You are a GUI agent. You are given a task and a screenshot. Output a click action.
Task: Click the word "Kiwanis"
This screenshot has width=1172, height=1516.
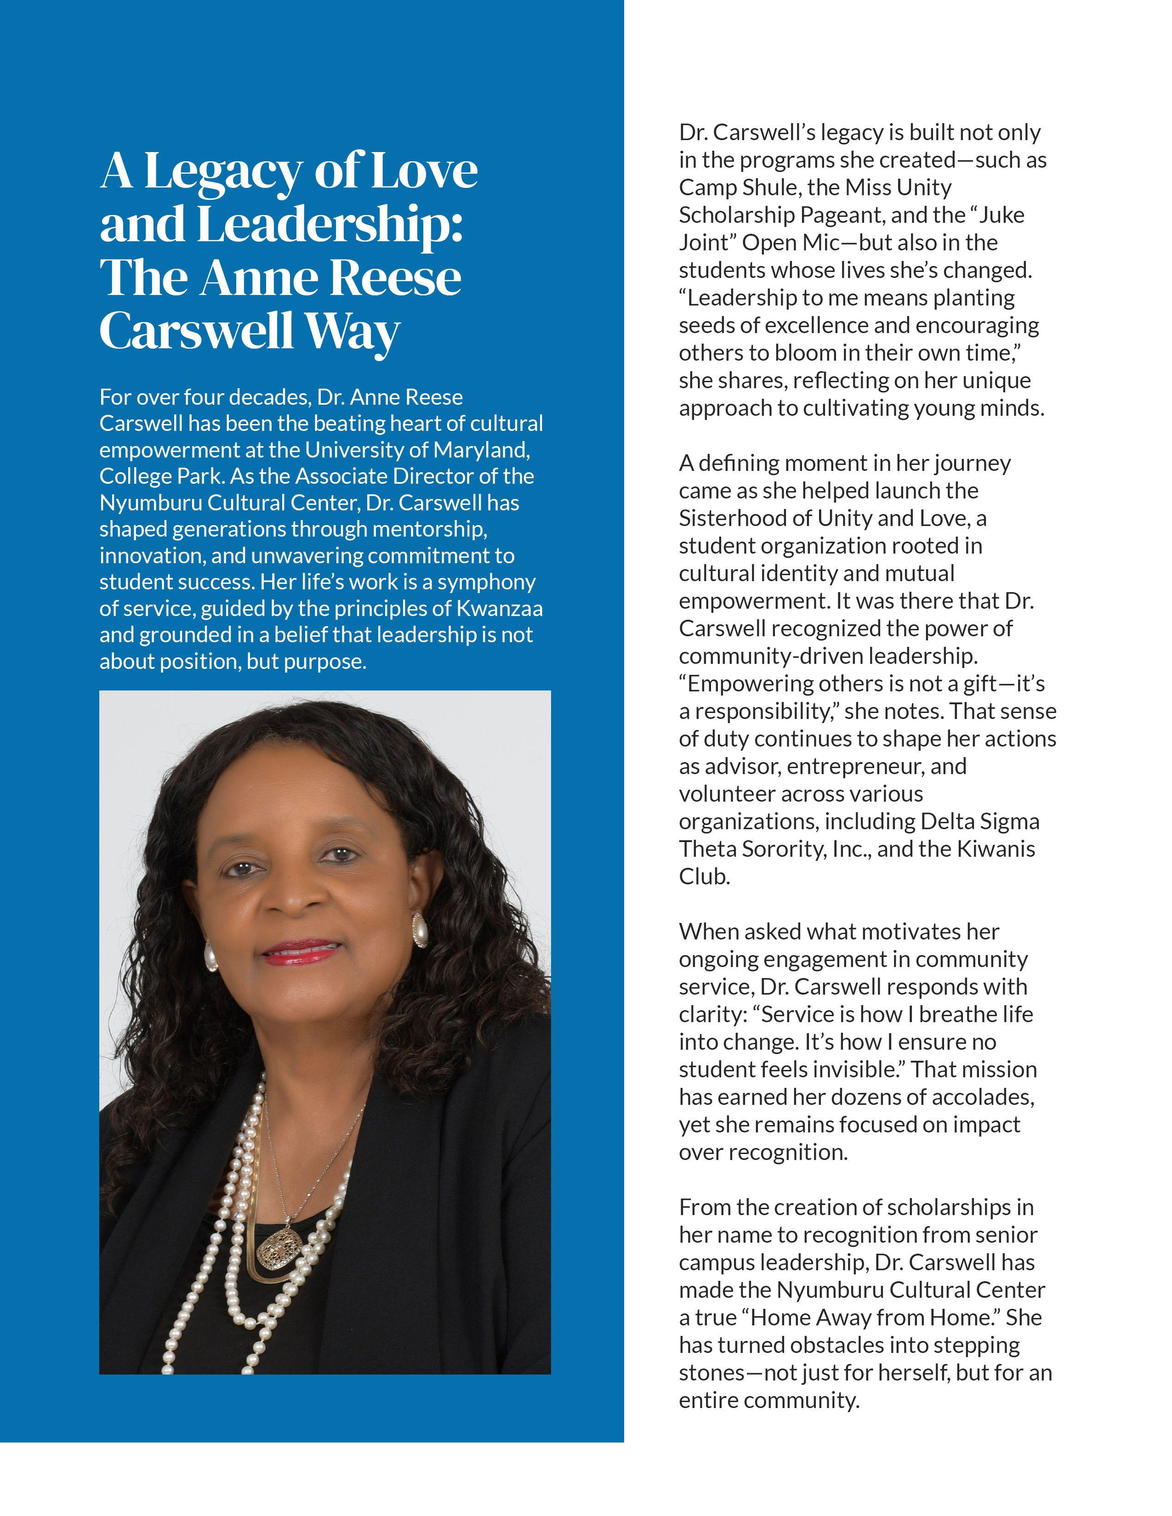click(x=996, y=849)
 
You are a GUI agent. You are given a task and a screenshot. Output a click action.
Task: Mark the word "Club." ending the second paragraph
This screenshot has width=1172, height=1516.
click(x=704, y=877)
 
